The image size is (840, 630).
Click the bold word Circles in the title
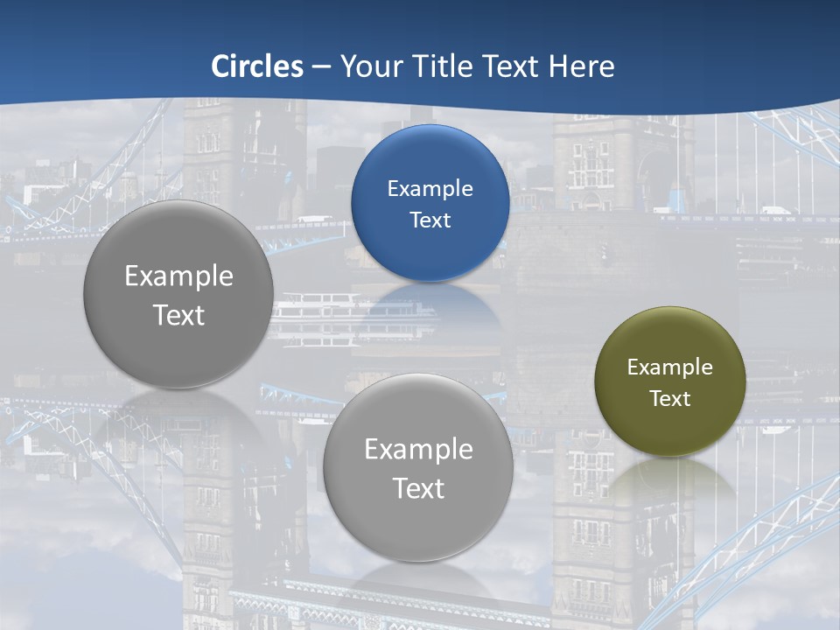click(x=257, y=66)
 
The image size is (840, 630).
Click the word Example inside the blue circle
click(x=430, y=188)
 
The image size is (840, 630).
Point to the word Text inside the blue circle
click(x=430, y=220)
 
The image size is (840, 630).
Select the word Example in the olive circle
click(x=670, y=367)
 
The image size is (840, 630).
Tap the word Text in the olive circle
click(x=670, y=398)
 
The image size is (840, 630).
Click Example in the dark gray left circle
click(x=178, y=276)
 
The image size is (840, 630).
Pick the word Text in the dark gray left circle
click(x=178, y=315)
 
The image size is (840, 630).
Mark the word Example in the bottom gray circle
click(x=418, y=450)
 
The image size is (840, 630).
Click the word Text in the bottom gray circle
click(x=418, y=488)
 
